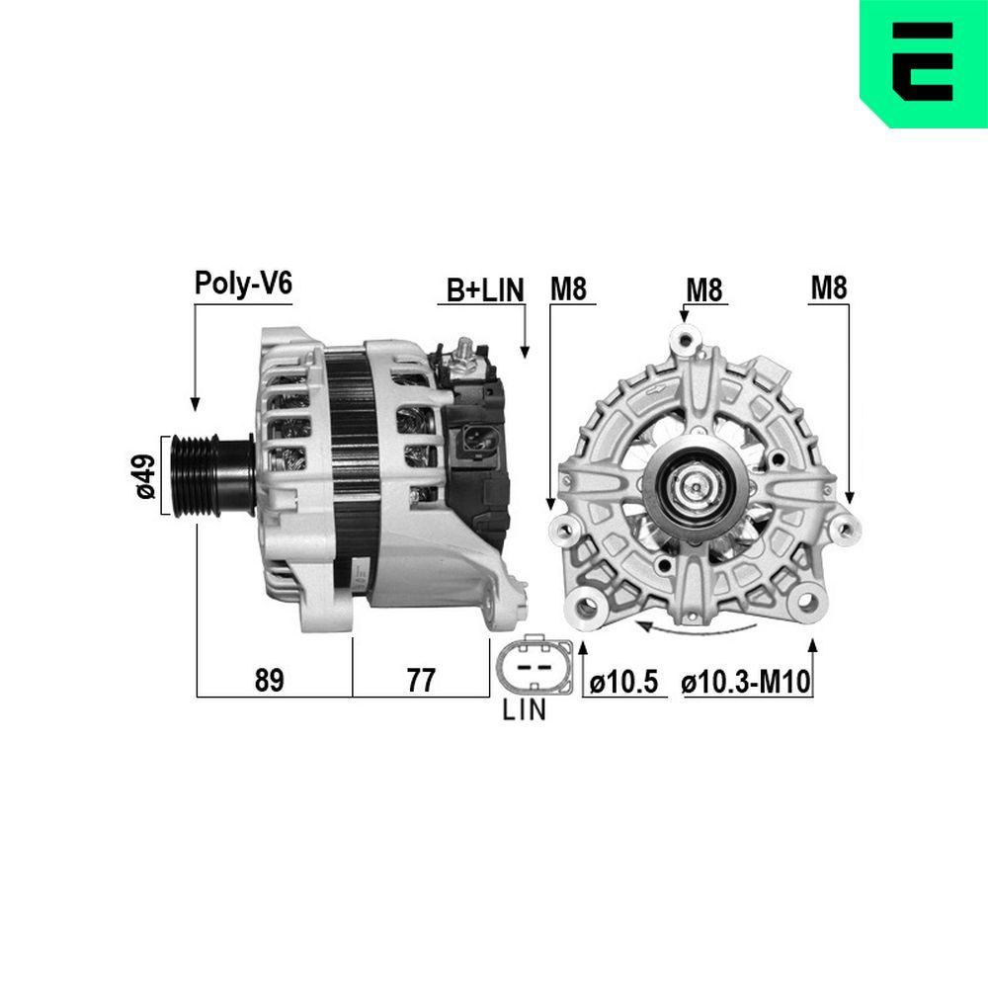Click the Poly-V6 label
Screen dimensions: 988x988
[x=243, y=284]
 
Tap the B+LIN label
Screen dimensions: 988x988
[x=484, y=289]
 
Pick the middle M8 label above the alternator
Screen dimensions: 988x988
[x=704, y=289]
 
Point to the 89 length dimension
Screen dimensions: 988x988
[x=269, y=680]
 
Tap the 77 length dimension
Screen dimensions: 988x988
[x=420, y=680]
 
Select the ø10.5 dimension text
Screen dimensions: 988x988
[x=623, y=682]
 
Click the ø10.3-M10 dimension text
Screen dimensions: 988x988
[x=746, y=682]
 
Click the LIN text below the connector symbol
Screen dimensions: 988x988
[x=524, y=711]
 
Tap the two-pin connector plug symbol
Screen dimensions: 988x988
[x=535, y=667]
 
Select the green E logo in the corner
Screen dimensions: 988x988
[x=923, y=63]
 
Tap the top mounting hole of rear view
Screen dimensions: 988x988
[x=684, y=340]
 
